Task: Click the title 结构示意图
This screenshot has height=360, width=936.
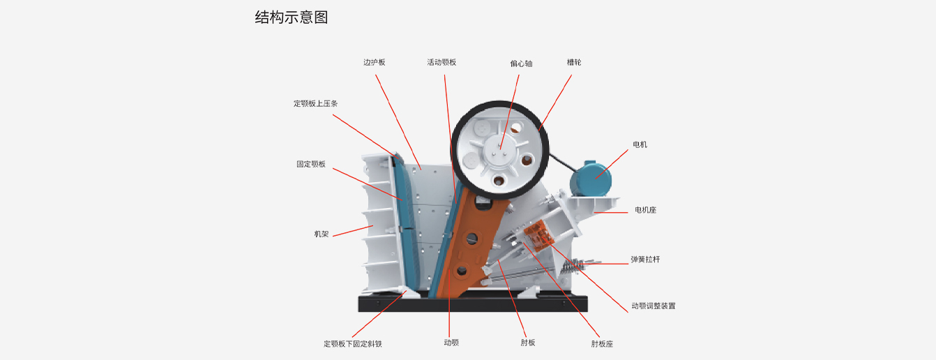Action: click(292, 17)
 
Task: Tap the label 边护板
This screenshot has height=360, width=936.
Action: click(374, 62)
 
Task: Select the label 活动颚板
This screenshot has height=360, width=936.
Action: click(441, 62)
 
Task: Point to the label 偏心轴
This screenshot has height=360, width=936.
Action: click(521, 63)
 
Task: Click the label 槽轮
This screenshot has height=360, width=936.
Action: click(574, 62)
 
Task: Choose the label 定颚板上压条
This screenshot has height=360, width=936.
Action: click(315, 104)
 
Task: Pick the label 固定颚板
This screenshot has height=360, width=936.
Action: click(311, 165)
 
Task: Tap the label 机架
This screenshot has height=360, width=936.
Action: click(322, 234)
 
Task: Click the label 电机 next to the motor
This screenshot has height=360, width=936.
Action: click(640, 144)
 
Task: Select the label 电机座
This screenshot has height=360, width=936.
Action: click(645, 210)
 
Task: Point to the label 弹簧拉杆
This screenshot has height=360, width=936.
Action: click(645, 260)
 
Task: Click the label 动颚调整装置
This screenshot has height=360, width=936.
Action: click(653, 306)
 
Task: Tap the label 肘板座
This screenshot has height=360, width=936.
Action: click(602, 344)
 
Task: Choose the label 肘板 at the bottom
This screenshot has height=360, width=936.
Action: click(528, 343)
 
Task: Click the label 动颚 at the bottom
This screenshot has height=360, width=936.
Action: click(451, 343)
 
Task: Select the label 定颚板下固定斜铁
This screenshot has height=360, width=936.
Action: click(353, 344)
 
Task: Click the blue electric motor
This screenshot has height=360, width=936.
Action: click(591, 179)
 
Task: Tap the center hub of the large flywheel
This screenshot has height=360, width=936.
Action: click(500, 149)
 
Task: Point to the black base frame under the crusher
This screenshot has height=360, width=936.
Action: click(473, 303)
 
